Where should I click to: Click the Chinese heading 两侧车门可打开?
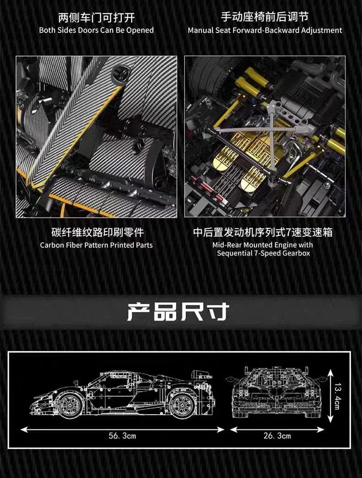(x=96, y=18)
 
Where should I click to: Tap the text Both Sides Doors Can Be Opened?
(x=96, y=30)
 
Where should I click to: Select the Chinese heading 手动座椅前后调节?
(x=265, y=17)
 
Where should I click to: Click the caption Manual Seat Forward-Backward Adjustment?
(x=265, y=30)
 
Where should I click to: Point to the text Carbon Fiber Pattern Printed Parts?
(x=96, y=245)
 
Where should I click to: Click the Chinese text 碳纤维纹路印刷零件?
(x=96, y=233)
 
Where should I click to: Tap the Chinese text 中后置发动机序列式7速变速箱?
(x=263, y=233)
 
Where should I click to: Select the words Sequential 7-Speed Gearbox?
(x=263, y=253)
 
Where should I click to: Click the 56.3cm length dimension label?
(x=122, y=436)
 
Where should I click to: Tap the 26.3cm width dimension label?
(x=277, y=436)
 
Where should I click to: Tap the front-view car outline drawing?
(x=277, y=392)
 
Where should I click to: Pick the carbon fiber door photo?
(x=96, y=137)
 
